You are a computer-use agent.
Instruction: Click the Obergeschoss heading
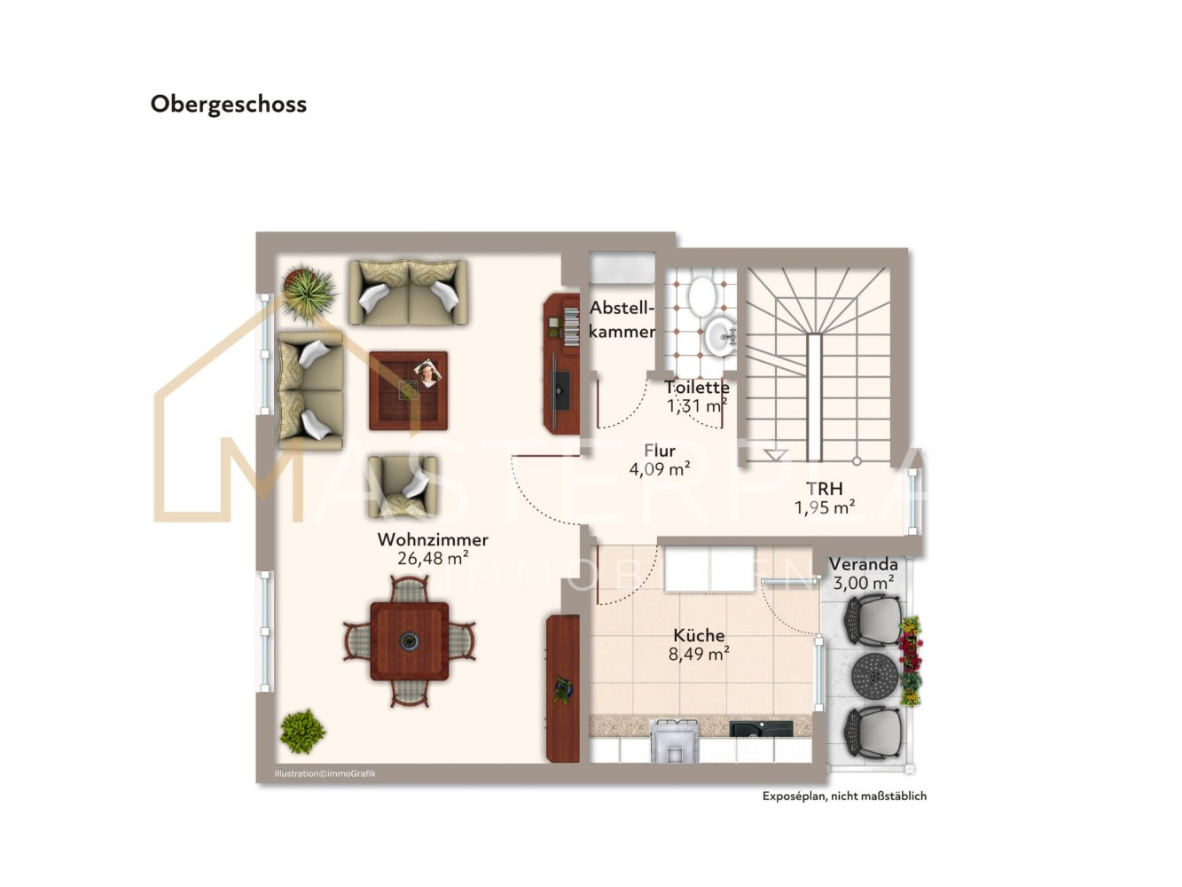(x=228, y=105)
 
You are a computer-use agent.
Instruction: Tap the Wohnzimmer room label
(x=433, y=539)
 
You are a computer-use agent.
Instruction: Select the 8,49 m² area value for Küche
(x=699, y=654)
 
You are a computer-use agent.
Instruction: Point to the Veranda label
(x=863, y=564)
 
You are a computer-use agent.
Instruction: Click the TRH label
(x=824, y=489)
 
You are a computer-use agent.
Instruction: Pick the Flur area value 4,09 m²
(x=660, y=469)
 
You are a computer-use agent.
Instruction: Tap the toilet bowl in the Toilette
(x=701, y=294)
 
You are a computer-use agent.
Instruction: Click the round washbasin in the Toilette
(x=720, y=336)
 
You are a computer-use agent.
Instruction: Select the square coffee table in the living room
(x=408, y=390)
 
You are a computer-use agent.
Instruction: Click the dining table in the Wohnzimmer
(x=410, y=641)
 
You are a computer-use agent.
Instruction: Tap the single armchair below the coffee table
(x=403, y=486)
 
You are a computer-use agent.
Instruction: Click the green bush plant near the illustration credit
(x=302, y=731)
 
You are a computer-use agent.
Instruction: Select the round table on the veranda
(x=874, y=677)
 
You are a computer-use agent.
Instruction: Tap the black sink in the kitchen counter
(x=760, y=728)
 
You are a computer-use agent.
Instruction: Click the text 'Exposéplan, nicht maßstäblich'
(x=844, y=796)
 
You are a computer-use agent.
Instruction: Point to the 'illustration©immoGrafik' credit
(x=325, y=773)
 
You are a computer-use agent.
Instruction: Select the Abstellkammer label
(x=622, y=319)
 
